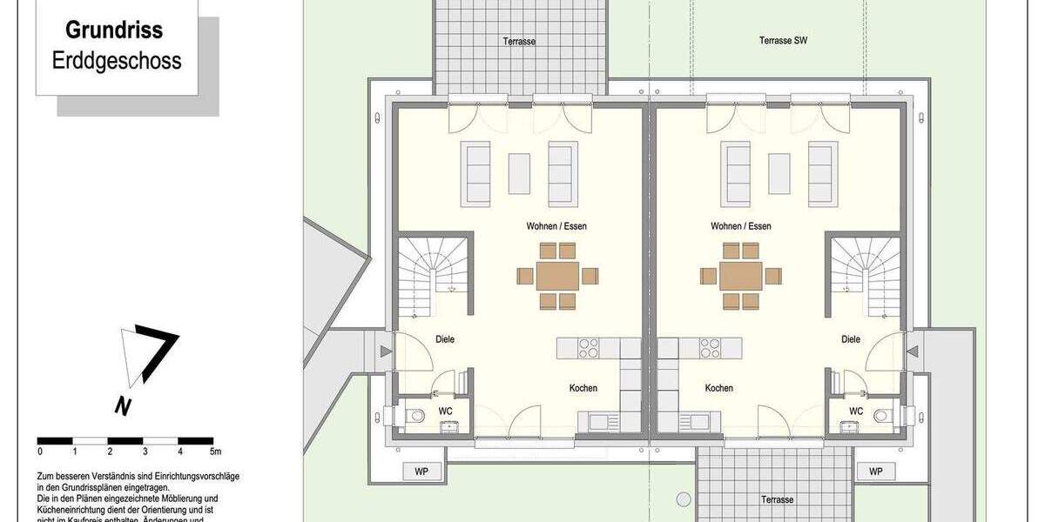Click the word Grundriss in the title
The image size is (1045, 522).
(x=114, y=30)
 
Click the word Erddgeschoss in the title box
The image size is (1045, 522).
(x=116, y=60)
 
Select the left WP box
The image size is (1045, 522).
(x=422, y=472)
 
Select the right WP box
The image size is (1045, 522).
(x=875, y=472)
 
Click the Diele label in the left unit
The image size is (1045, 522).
(x=444, y=339)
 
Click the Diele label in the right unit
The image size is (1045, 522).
(x=851, y=339)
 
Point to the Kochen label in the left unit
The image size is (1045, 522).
(x=583, y=388)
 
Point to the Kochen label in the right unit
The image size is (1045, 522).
(x=718, y=388)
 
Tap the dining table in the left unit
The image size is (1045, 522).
(x=556, y=276)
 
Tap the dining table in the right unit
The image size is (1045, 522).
(x=741, y=276)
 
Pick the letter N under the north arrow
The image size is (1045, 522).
(x=123, y=405)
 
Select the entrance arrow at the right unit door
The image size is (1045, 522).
(x=913, y=351)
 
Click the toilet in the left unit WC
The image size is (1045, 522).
(x=416, y=416)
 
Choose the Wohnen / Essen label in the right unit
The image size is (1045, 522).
(x=740, y=226)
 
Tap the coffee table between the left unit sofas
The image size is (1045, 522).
(x=519, y=174)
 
